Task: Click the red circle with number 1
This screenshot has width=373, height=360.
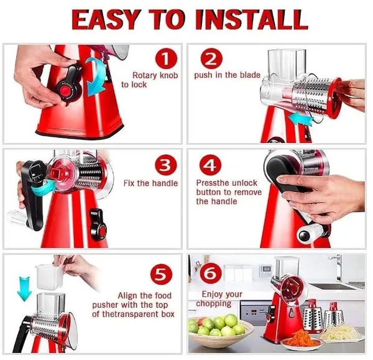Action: click(166, 58)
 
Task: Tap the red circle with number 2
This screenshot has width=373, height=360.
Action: click(211, 58)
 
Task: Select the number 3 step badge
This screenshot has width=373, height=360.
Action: click(166, 165)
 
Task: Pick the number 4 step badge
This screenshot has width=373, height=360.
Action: click(210, 165)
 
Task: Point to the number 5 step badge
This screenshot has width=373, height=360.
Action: click(161, 275)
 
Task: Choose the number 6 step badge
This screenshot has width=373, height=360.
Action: click(211, 273)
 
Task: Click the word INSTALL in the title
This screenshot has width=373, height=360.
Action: click(251, 19)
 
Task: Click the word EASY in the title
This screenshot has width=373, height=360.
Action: click(105, 19)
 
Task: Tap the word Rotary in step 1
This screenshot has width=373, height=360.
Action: click(145, 75)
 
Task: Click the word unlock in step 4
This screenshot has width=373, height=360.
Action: click(244, 183)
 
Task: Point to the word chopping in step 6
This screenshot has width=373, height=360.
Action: click(213, 304)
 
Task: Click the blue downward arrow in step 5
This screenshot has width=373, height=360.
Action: click(24, 288)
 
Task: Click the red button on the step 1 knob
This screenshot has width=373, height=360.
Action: click(65, 91)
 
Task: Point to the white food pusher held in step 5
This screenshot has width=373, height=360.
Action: click(49, 276)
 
